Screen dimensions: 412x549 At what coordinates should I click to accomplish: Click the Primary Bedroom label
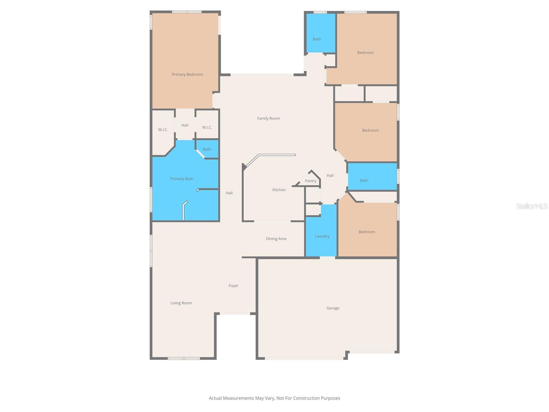pyautogui.click(x=187, y=75)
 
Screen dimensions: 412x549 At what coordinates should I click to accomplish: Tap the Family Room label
pyautogui.click(x=268, y=118)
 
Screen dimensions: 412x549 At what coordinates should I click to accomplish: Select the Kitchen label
pyautogui.click(x=279, y=190)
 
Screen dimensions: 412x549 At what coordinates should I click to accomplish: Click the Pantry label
pyautogui.click(x=311, y=181)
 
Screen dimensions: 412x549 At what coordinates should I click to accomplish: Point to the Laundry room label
pyautogui.click(x=322, y=236)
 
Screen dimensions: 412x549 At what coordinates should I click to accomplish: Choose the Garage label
pyautogui.click(x=332, y=308)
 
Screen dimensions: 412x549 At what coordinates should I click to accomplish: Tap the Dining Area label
pyautogui.click(x=276, y=239)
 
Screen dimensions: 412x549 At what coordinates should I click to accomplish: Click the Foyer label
pyautogui.click(x=233, y=286)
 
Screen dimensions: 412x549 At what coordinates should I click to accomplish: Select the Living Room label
pyautogui.click(x=181, y=303)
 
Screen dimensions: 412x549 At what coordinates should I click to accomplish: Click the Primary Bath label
pyautogui.click(x=182, y=179)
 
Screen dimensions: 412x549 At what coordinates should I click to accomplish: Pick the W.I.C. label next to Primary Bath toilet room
pyautogui.click(x=207, y=127)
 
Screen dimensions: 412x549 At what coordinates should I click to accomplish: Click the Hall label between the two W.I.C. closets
pyautogui.click(x=185, y=125)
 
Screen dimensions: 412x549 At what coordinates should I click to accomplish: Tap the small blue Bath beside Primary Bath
pyautogui.click(x=207, y=149)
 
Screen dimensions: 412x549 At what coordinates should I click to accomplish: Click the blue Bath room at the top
pyautogui.click(x=317, y=39)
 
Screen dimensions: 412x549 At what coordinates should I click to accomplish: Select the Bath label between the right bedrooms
pyautogui.click(x=364, y=181)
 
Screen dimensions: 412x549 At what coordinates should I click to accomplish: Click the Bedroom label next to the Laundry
pyautogui.click(x=366, y=232)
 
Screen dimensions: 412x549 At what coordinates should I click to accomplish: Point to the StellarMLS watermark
pyautogui.click(x=532, y=206)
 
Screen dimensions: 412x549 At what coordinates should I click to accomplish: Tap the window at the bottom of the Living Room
pyautogui.click(x=184, y=358)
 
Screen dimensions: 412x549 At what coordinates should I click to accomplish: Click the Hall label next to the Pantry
pyautogui.click(x=330, y=175)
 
